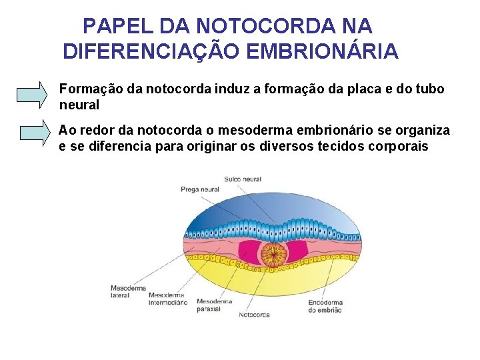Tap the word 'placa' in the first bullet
pyautogui.click(x=365, y=89)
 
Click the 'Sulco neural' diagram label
pyautogui.click(x=243, y=179)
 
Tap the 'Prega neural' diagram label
pyautogui.click(x=199, y=189)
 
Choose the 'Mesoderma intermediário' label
pyautogui.click(x=167, y=298)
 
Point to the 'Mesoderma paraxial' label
pyautogui.click(x=214, y=305)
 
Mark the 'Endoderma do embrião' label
pyautogui.click(x=325, y=305)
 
